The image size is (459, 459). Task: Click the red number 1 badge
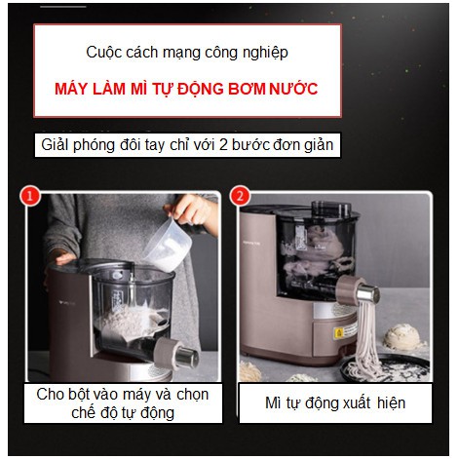[30, 196]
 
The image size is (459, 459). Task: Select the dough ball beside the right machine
[405, 336]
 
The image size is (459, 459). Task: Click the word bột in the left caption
[81, 394]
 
